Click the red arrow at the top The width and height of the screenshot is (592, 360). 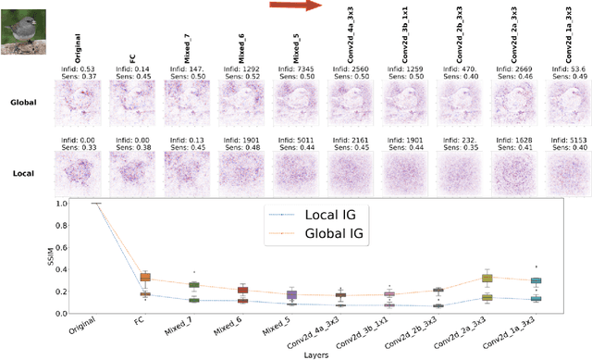tap(294, 6)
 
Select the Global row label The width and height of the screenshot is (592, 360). tap(23, 102)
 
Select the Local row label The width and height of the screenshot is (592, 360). tap(23, 173)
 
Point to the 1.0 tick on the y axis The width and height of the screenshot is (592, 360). tap(61, 203)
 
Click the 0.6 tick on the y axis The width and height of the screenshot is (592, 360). tap(61, 244)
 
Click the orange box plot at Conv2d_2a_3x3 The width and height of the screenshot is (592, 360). tap(487, 278)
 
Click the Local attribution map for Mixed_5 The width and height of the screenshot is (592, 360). tap(293, 173)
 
